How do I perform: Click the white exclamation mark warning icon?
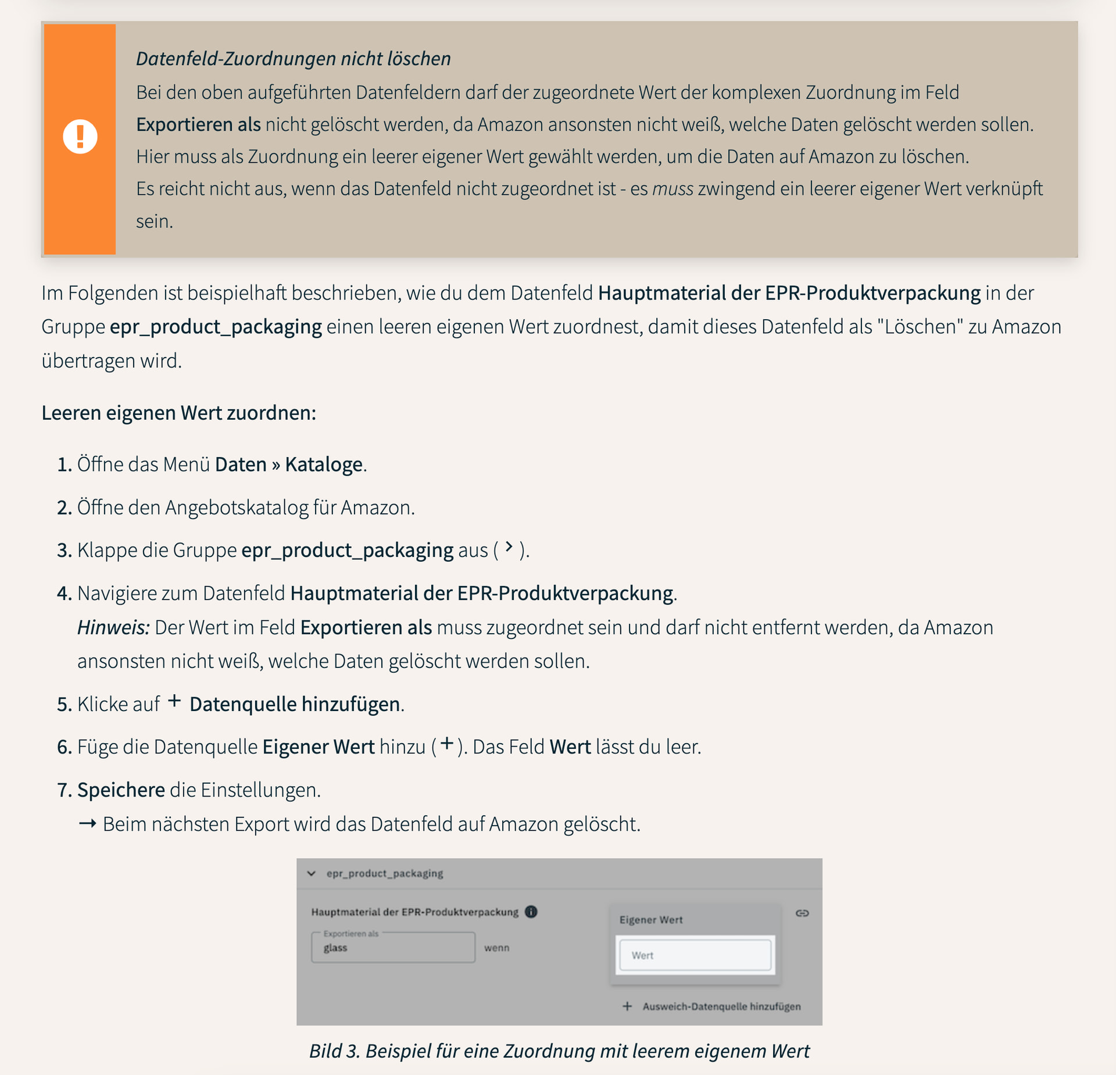click(x=80, y=137)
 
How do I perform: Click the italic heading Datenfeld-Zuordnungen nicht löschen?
click(x=293, y=59)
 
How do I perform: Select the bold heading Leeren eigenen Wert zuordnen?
click(x=178, y=413)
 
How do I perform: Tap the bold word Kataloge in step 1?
click(x=323, y=465)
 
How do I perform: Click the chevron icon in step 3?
click(x=509, y=547)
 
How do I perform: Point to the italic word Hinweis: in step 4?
click(x=113, y=627)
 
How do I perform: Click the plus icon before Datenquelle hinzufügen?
click(x=174, y=701)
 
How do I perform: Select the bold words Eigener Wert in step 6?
click(x=318, y=747)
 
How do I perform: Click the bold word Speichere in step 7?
click(x=121, y=790)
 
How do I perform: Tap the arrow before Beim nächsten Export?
click(x=87, y=824)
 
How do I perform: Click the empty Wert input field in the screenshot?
click(x=695, y=955)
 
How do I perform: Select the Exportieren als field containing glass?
click(x=393, y=948)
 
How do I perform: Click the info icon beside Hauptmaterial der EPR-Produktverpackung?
click(x=531, y=912)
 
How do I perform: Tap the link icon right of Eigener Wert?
click(x=802, y=913)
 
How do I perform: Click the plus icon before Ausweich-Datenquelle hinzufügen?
click(x=627, y=1006)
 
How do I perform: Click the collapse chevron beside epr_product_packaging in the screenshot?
click(x=312, y=873)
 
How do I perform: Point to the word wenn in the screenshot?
click(x=496, y=948)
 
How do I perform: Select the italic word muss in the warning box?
click(x=673, y=189)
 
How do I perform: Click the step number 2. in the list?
click(x=64, y=508)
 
